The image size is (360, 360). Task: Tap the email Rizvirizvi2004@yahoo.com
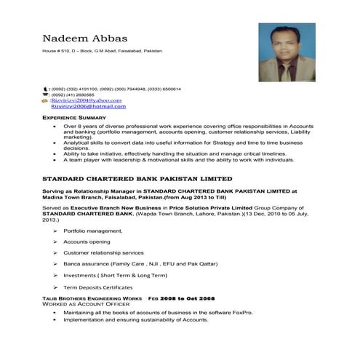coord(86,100)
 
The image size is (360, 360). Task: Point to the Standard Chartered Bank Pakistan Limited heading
coord(137,177)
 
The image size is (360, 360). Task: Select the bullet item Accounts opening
coord(87,241)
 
